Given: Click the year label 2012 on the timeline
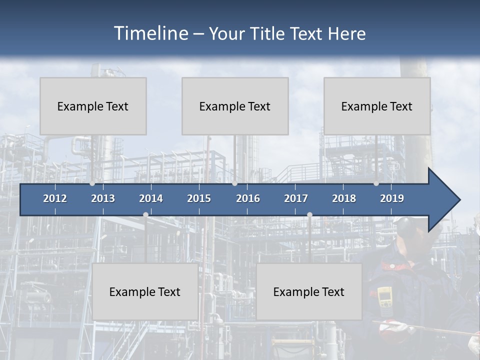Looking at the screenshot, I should click(55, 198).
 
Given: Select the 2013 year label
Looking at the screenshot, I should click(103, 198).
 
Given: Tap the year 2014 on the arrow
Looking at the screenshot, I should click(151, 198).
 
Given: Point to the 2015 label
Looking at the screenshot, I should click(199, 198).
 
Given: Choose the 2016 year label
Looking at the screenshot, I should click(248, 198).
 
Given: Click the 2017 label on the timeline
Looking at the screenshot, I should click(296, 198).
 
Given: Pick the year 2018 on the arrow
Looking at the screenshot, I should click(344, 198).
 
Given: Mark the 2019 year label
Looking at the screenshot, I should click(392, 198).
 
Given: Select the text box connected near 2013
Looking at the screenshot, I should click(93, 106).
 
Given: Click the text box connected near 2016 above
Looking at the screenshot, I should click(235, 106).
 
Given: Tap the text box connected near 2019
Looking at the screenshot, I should click(377, 106).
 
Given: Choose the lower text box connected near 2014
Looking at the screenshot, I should click(145, 291).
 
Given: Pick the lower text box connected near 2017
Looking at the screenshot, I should click(309, 291).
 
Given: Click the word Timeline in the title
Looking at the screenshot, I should click(150, 33).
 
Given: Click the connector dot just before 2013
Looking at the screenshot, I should click(92, 183).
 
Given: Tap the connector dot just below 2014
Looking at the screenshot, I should click(145, 215).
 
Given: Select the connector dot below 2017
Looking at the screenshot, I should click(309, 215).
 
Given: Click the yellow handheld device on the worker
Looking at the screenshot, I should click(384, 297).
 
